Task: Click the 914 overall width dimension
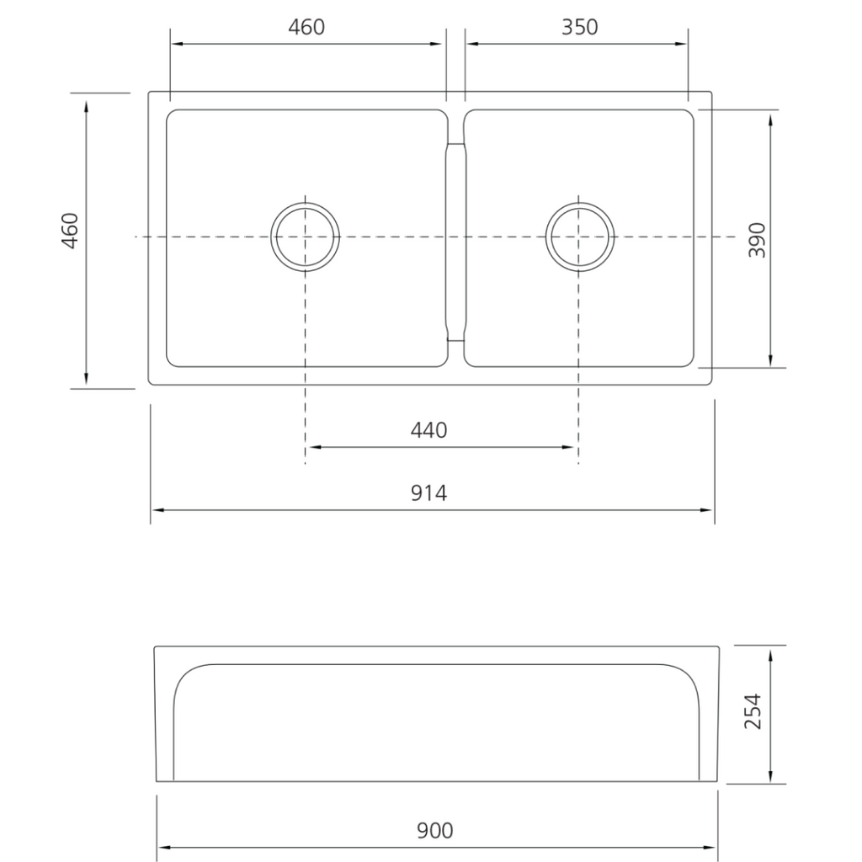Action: [428, 492]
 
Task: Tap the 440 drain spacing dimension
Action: [428, 430]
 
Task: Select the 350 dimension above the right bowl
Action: [579, 27]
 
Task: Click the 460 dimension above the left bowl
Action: [306, 27]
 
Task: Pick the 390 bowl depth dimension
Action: [757, 239]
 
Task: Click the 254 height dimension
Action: [753, 711]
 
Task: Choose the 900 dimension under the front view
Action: [434, 831]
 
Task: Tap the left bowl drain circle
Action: [306, 237]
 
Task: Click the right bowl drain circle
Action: [579, 237]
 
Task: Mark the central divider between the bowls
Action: [455, 240]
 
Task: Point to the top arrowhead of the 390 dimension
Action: [771, 114]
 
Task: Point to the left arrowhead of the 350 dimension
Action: [471, 44]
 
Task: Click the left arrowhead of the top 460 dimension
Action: [175, 44]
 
